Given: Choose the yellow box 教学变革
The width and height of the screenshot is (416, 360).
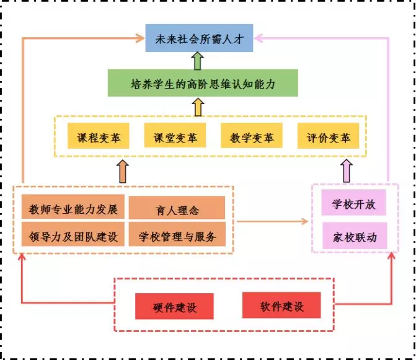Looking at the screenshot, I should [x=247, y=136].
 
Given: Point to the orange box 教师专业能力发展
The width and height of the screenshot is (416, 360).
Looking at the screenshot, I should [x=73, y=208].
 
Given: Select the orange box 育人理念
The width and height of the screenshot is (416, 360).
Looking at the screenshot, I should [x=177, y=209].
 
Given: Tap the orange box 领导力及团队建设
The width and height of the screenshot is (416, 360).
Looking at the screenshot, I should [x=73, y=235].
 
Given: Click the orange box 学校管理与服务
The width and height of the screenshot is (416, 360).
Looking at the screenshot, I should [x=177, y=235].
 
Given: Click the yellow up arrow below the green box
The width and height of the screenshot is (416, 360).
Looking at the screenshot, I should [x=198, y=107].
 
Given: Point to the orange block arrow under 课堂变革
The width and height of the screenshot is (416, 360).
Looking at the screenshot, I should [x=123, y=170].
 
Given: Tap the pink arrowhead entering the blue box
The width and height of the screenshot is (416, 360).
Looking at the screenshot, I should [x=260, y=38].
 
